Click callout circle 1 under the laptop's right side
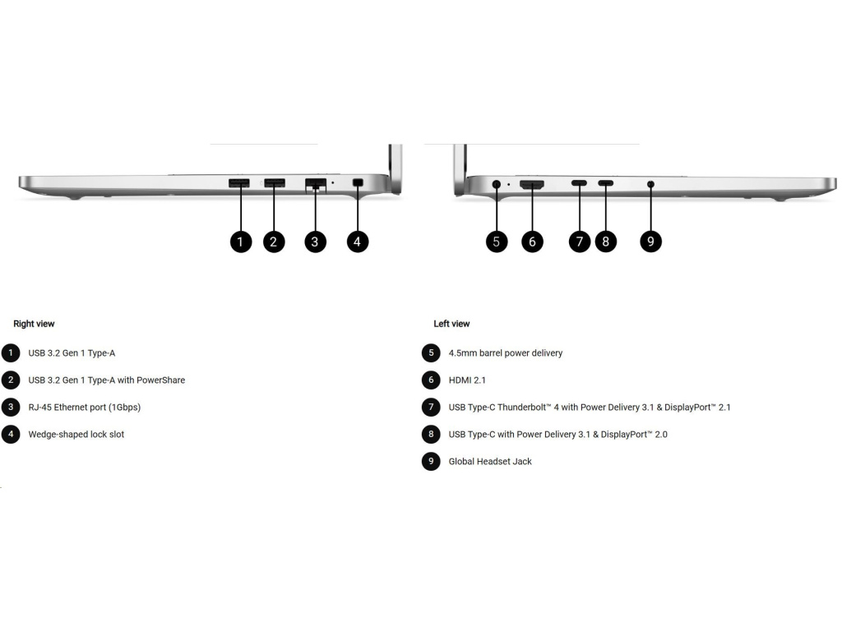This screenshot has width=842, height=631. click(x=240, y=242)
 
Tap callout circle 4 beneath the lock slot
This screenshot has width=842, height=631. click(x=357, y=242)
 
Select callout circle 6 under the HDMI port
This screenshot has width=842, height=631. click(x=532, y=242)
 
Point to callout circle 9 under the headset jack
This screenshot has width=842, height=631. click(x=650, y=242)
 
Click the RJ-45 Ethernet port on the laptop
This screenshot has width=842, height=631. click(x=315, y=184)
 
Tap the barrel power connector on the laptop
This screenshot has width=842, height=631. click(x=496, y=184)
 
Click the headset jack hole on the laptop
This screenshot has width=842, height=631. click(x=650, y=184)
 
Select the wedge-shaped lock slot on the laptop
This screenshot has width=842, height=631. click(x=357, y=182)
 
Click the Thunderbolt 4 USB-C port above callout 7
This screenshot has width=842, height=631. click(x=580, y=183)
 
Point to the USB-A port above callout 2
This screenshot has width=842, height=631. click(x=275, y=182)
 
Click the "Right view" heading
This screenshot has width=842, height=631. click(x=34, y=324)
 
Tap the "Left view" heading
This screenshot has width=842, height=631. click(x=451, y=324)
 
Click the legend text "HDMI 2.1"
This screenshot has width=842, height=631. click(x=467, y=380)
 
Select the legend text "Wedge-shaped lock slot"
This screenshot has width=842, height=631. click(x=76, y=434)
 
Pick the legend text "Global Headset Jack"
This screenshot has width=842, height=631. click(x=490, y=461)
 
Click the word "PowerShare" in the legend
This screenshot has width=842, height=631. click(x=162, y=380)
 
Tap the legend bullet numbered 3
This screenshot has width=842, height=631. click(x=11, y=407)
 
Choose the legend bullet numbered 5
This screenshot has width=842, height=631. click(x=431, y=353)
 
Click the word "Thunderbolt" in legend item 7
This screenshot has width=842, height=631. click(x=534, y=408)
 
